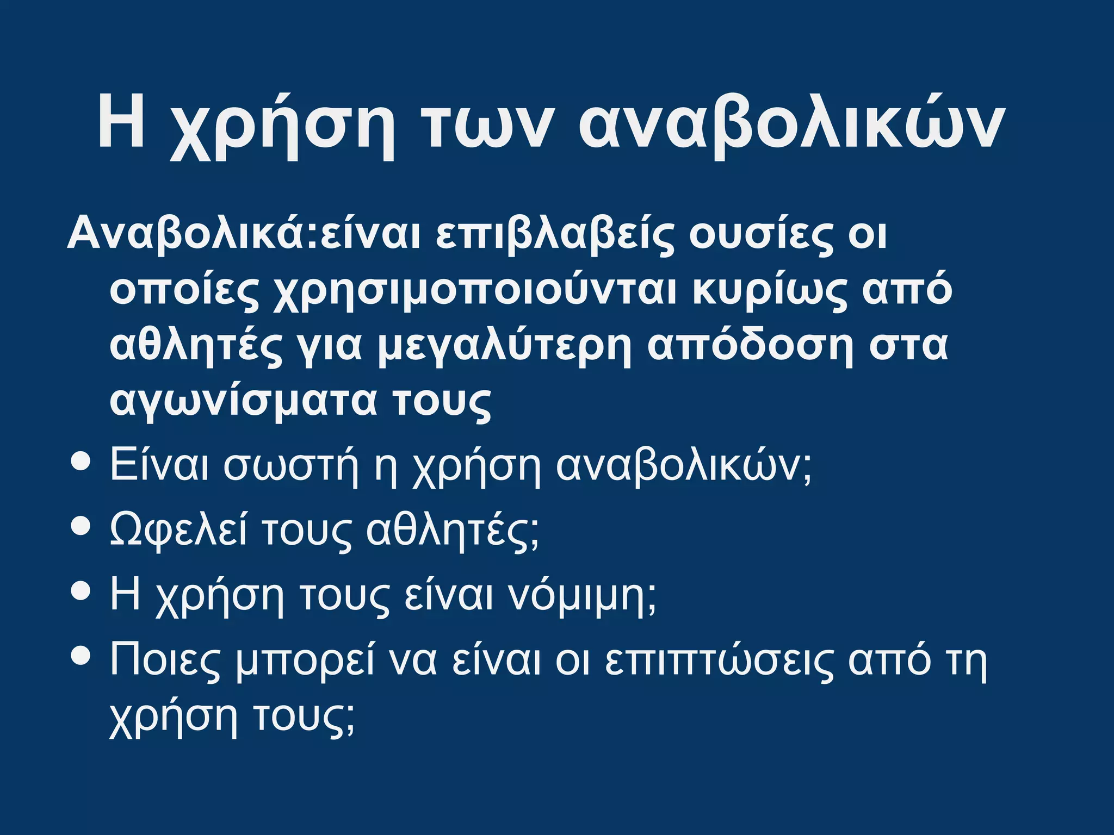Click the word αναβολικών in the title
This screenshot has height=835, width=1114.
[x=791, y=124]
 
